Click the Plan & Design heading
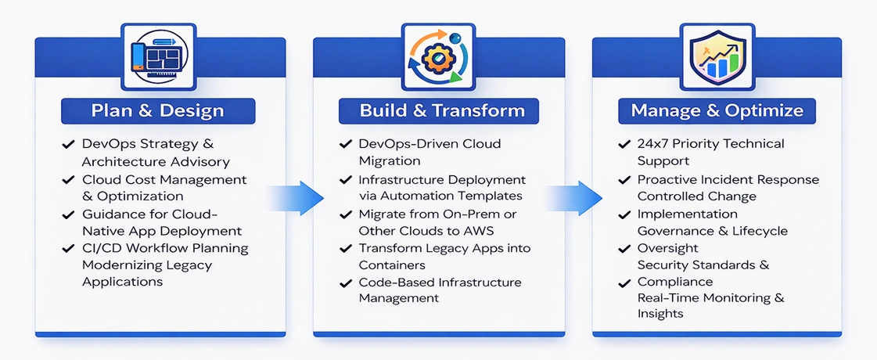(x=157, y=110)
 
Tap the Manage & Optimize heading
(x=717, y=110)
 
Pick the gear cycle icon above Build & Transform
(x=438, y=56)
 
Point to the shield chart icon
(x=716, y=56)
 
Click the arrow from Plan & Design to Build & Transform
(x=297, y=197)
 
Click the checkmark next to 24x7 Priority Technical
(x=624, y=145)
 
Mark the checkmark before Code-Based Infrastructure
(x=345, y=283)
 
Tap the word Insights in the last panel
(x=660, y=314)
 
